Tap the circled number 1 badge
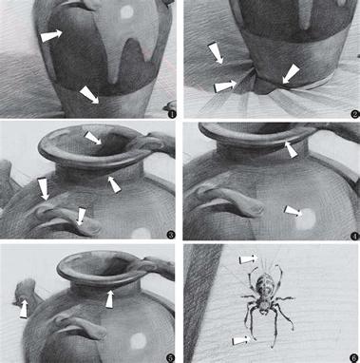tap(172, 114)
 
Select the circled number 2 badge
tap(355, 114)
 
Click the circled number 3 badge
tap(171, 235)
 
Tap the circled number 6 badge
tap(355, 357)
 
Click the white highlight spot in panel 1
tap(127, 11)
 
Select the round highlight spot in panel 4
tap(306, 219)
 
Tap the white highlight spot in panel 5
tap(139, 341)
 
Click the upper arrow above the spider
tap(248, 259)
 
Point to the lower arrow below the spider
tap(240, 341)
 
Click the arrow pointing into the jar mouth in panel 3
tap(94, 138)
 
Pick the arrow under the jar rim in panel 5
tap(109, 298)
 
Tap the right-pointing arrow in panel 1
tap(51, 35)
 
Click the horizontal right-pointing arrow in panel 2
tap(226, 86)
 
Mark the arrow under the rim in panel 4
tap(291, 149)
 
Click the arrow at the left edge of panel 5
tap(24, 309)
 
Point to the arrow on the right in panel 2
tap(292, 74)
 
